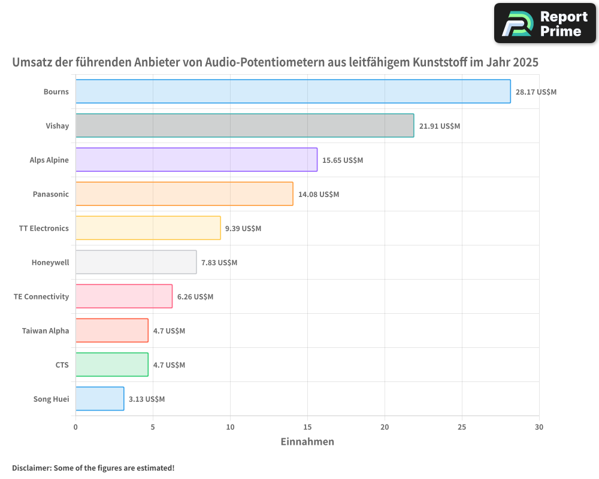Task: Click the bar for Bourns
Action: pos(293,92)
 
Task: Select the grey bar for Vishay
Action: pos(244,126)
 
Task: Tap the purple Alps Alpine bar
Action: pos(196,160)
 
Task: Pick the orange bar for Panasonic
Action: pos(184,194)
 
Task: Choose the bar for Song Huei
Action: pos(99,399)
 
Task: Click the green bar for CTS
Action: pos(112,365)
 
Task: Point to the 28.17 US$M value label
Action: pos(536,92)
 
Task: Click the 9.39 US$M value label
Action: pos(243,228)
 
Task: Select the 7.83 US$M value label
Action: pos(219,262)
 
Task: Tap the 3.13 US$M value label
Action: pos(147,399)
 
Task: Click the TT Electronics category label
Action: pos(44,228)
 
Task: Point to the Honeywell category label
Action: pos(50,262)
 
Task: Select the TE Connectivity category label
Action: pos(41,296)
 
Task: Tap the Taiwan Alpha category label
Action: pos(46,331)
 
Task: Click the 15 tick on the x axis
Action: pos(307,427)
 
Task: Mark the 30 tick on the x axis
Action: pos(539,427)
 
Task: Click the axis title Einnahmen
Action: pos(307,442)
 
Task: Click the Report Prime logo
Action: pos(544,23)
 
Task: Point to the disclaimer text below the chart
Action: pos(93,468)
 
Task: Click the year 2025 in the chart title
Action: pos(526,62)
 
